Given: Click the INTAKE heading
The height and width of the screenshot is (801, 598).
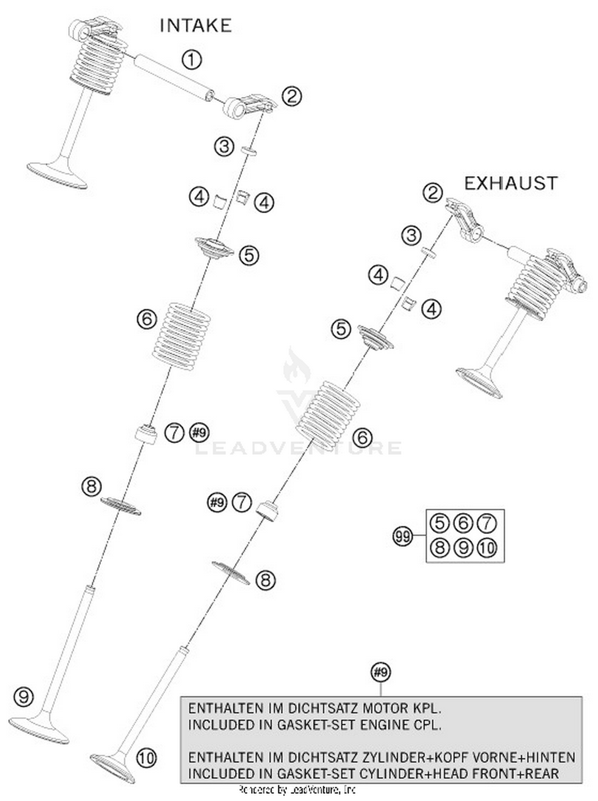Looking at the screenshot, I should [195, 26].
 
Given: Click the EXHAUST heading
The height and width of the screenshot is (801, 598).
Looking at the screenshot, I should [511, 183].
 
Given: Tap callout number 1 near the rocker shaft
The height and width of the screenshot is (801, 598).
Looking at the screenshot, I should [192, 60].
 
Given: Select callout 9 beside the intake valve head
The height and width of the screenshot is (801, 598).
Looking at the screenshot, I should [24, 697].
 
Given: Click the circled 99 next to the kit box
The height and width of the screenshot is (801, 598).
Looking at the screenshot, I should [403, 536].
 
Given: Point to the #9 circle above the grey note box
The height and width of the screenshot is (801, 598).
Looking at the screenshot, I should [380, 672].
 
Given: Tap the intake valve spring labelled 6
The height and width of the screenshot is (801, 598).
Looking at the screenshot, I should [181, 336].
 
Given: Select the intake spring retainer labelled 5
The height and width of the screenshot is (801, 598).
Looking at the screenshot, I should [214, 248].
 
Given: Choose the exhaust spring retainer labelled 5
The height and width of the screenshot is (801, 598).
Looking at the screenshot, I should [375, 337].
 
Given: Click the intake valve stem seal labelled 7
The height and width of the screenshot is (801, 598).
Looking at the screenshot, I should [146, 434].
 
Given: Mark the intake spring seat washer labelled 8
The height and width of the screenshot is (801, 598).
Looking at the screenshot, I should [120, 506].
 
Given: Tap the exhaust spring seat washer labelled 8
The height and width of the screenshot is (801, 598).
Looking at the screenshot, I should [230, 573].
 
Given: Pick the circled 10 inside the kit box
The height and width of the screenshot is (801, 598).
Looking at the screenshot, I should [487, 548].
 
